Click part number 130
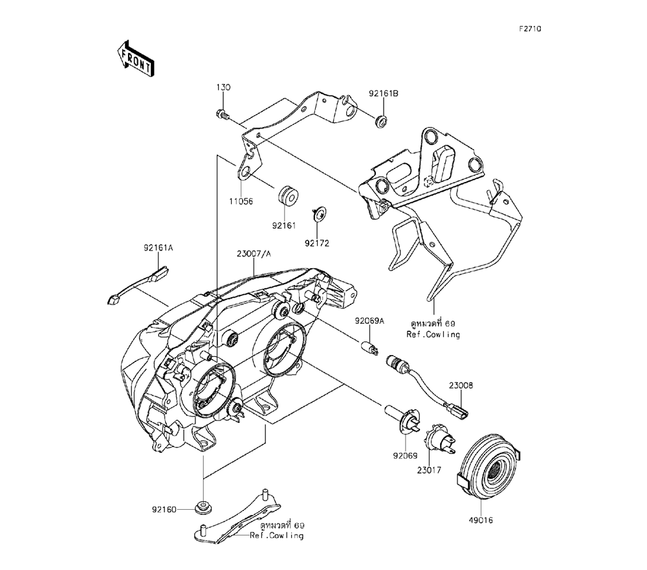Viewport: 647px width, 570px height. (x=223, y=87)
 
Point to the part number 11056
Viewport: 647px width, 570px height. (x=241, y=201)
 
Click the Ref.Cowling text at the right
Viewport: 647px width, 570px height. (x=433, y=335)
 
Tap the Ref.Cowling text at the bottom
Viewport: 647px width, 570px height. (x=277, y=536)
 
